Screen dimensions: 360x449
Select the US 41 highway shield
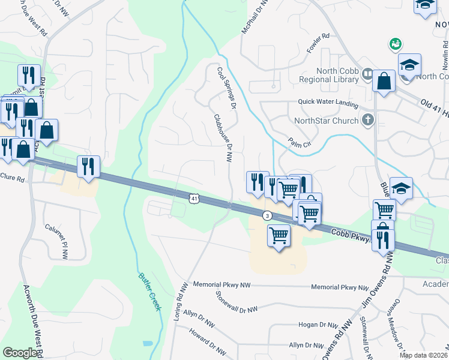(193, 197)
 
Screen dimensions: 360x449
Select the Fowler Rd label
(318, 44)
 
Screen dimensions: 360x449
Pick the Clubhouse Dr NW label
(223, 139)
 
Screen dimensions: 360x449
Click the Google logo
(20, 352)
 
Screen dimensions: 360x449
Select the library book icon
(367, 74)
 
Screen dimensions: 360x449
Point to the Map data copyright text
(423, 355)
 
